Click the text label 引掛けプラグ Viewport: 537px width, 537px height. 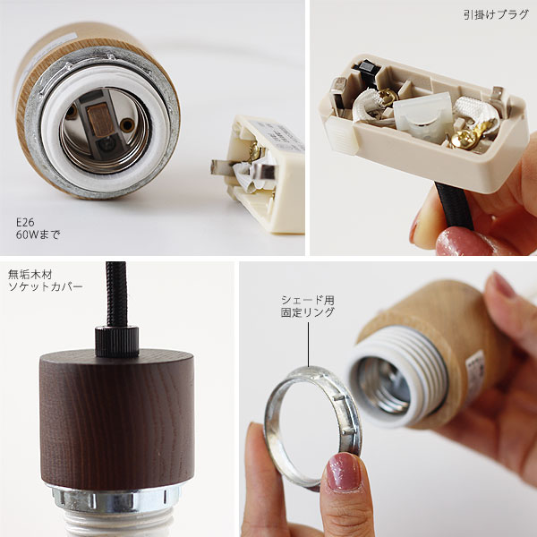(x=496, y=14)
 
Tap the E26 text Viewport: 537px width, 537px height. (x=25, y=223)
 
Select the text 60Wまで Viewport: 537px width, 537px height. (x=38, y=234)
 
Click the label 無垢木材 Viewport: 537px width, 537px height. (x=30, y=275)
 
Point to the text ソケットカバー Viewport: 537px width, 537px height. (x=46, y=286)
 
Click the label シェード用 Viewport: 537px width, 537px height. (x=308, y=301)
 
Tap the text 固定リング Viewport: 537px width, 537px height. (x=308, y=312)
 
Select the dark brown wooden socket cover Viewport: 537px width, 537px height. (x=117, y=420)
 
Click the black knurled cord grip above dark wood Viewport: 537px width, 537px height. (x=116, y=342)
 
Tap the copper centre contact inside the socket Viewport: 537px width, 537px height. (x=99, y=120)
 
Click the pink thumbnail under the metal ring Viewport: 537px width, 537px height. (x=345, y=472)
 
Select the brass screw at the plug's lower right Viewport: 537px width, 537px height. (x=460, y=141)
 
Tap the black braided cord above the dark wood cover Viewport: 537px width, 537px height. (x=116, y=294)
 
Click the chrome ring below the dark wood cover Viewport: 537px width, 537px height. (x=116, y=500)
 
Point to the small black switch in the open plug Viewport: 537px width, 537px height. (x=367, y=69)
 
